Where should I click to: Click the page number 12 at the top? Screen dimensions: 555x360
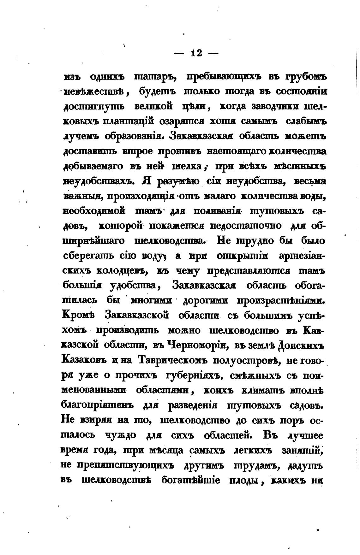click(196, 53)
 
